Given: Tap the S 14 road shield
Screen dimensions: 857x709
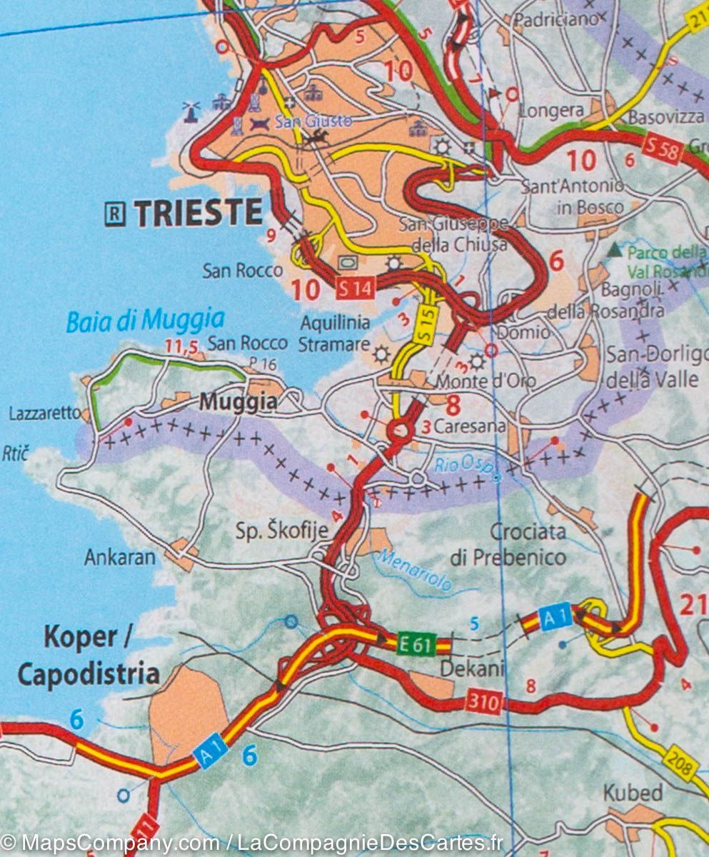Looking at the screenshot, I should point(354,289).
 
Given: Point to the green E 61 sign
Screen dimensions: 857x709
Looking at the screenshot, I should point(414,646).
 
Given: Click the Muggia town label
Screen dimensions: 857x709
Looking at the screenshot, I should point(238,403).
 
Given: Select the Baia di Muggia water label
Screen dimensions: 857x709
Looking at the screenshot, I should point(145,320).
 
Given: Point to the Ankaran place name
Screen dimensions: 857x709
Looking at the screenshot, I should point(119,557).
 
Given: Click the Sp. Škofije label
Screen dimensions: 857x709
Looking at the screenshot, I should point(282,531).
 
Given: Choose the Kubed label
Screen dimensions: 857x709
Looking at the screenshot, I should point(633,793).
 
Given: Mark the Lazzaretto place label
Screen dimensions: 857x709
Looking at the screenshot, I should point(45,413).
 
